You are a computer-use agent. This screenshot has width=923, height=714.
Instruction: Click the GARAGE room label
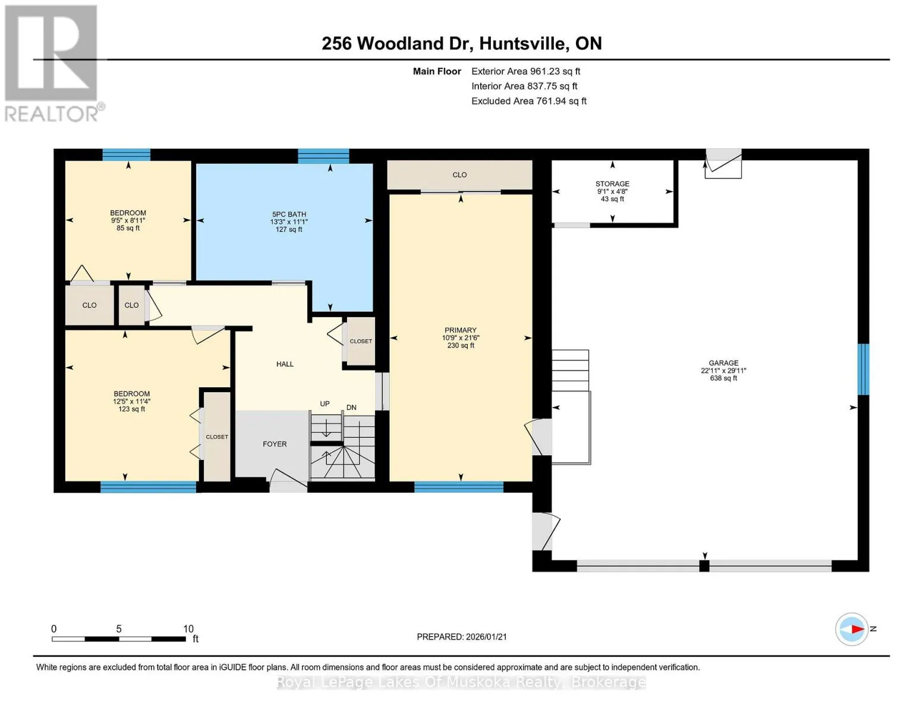click(x=723, y=363)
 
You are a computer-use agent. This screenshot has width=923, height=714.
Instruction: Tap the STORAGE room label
click(x=612, y=184)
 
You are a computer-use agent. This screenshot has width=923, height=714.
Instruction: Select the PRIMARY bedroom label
click(x=461, y=330)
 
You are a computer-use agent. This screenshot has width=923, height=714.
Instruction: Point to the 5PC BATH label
click(x=289, y=214)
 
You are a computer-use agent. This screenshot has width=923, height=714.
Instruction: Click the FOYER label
click(x=275, y=444)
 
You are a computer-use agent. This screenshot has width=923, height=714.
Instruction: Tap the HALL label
click(x=285, y=364)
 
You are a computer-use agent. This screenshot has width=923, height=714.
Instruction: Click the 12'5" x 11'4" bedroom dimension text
click(x=132, y=402)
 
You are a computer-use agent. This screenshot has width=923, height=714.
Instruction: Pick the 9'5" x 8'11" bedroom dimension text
click(x=128, y=220)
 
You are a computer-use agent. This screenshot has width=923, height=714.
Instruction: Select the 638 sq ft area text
click(x=723, y=378)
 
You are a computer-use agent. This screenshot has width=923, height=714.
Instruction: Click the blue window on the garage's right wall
click(x=863, y=369)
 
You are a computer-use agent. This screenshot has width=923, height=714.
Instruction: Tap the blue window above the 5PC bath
click(x=324, y=156)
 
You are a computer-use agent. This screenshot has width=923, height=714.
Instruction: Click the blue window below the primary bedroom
click(x=459, y=487)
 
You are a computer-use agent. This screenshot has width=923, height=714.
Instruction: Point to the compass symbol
click(x=851, y=630)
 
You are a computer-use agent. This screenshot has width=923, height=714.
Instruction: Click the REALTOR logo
click(x=54, y=63)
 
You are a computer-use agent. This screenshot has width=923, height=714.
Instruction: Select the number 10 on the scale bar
click(x=188, y=629)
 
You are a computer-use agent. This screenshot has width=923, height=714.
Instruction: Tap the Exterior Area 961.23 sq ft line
click(x=526, y=71)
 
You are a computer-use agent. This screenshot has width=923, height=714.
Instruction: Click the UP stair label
click(x=325, y=403)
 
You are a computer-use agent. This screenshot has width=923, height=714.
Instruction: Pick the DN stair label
click(x=351, y=408)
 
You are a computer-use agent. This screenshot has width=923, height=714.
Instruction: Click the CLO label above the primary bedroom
click(x=459, y=175)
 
